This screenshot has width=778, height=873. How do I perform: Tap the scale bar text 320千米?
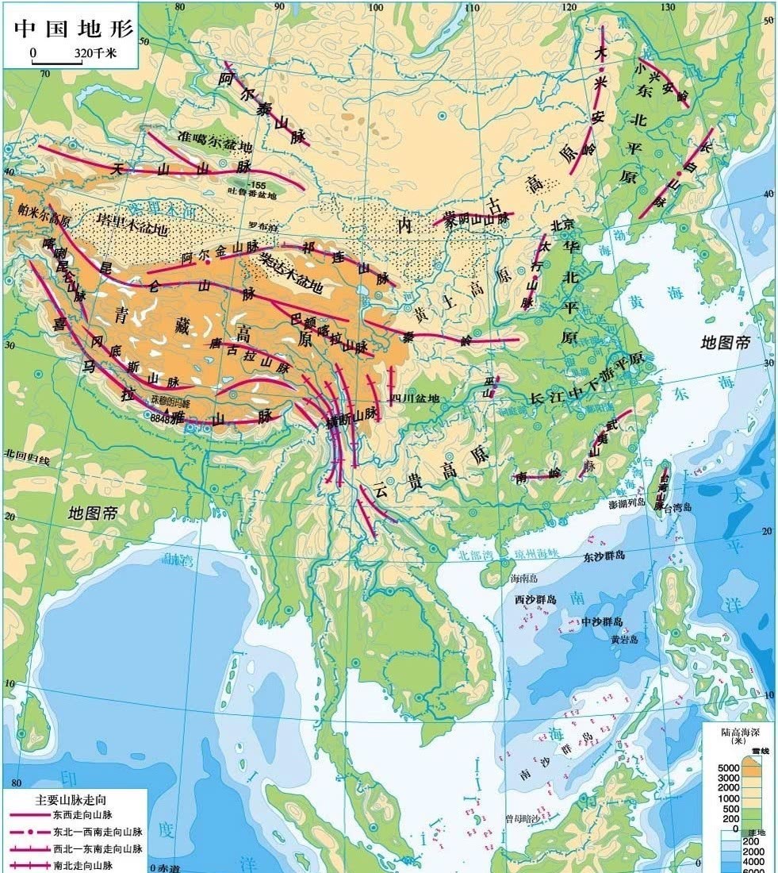click(95, 53)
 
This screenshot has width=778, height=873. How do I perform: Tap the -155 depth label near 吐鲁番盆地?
click(257, 186)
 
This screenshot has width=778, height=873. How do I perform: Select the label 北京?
click(561, 225)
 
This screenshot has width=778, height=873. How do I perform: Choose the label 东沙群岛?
click(604, 556)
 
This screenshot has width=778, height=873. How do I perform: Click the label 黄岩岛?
click(624, 639)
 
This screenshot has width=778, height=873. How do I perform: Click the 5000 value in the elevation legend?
click(730, 768)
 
